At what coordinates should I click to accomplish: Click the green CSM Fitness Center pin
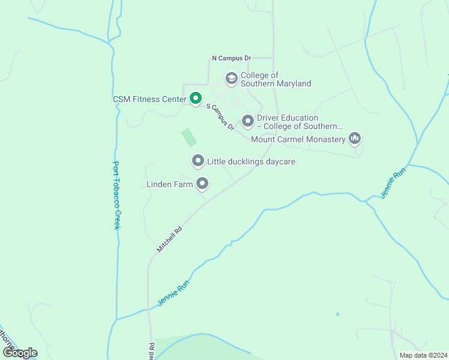(195, 98)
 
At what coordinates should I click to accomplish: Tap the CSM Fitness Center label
(149, 99)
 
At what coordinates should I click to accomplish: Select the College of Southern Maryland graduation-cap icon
(231, 78)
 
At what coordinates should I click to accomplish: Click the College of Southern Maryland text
(276, 80)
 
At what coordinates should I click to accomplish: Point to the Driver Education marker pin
(247, 121)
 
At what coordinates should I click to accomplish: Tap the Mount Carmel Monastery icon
(355, 139)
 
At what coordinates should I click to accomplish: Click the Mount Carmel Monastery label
(298, 140)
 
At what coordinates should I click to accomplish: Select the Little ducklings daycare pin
(197, 161)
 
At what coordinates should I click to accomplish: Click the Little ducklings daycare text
(251, 161)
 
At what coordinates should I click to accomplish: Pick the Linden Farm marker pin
(203, 184)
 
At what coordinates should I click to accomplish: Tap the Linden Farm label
(170, 184)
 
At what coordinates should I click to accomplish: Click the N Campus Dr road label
(231, 58)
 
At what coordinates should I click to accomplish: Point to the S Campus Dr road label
(220, 116)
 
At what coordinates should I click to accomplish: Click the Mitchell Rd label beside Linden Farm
(169, 239)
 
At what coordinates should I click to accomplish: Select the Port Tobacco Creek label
(118, 195)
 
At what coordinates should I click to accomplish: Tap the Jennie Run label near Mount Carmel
(393, 183)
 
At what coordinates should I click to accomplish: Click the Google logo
(20, 353)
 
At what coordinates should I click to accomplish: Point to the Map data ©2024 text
(423, 355)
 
